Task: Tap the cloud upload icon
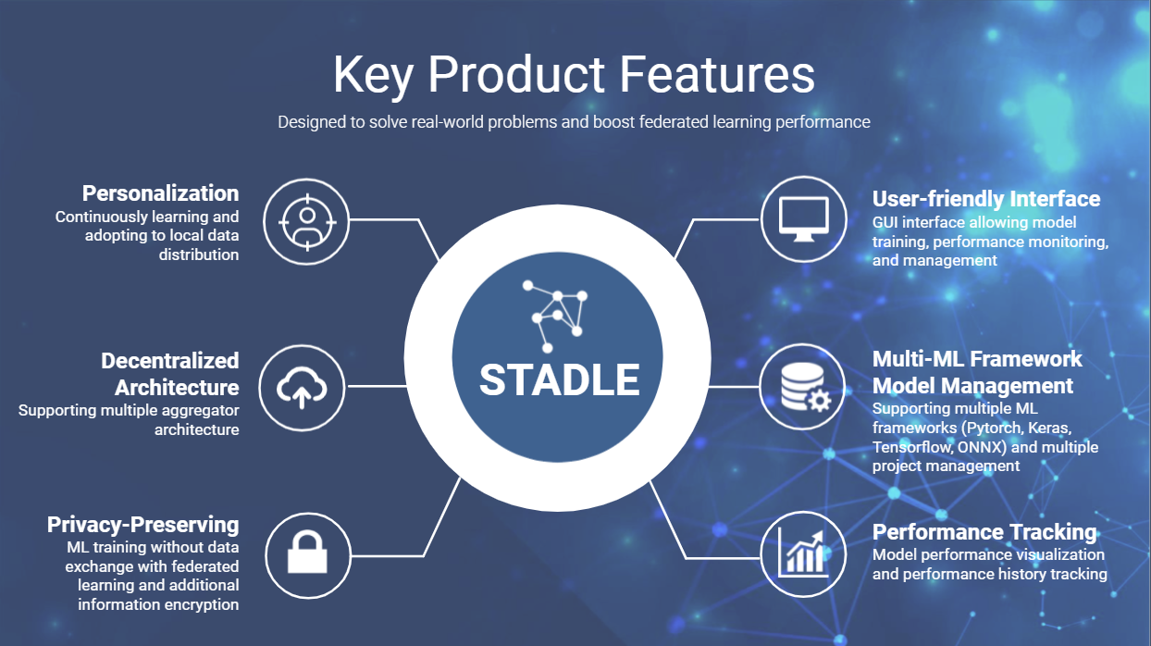[x=302, y=388]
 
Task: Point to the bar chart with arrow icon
[x=803, y=553]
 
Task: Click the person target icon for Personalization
[x=307, y=222]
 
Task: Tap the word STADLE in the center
[x=560, y=379]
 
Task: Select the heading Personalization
[x=160, y=193]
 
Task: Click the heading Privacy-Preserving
[x=142, y=526]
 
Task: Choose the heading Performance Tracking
[x=984, y=532]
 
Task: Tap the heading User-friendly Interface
[x=986, y=199]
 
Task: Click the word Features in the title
[x=717, y=74]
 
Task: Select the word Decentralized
[x=170, y=361]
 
